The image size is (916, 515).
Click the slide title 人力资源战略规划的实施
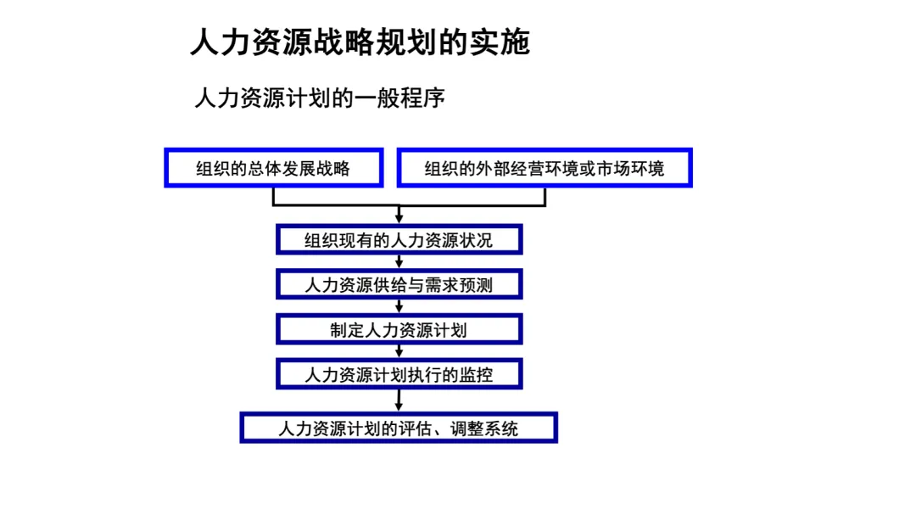click(360, 42)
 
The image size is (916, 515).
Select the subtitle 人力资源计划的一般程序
click(320, 98)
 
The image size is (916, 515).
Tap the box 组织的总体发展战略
click(273, 168)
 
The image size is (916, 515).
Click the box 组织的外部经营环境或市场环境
click(545, 168)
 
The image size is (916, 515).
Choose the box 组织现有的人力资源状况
click(399, 240)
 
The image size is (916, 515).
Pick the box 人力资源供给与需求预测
click(399, 285)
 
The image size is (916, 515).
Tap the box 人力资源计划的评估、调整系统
click(399, 428)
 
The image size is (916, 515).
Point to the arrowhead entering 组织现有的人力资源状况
click(399, 220)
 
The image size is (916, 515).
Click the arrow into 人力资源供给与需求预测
click(399, 265)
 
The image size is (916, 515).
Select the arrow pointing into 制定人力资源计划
click(399, 310)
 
